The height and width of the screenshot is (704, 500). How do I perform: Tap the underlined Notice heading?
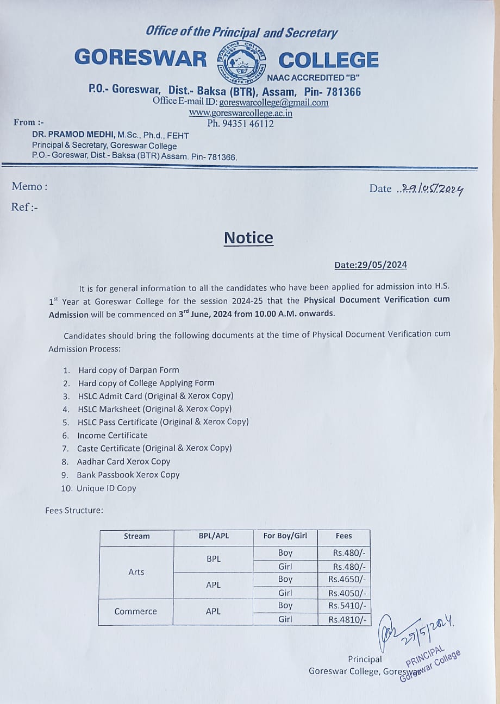coord(248,238)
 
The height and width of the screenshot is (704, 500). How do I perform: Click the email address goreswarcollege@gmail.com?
coord(273,102)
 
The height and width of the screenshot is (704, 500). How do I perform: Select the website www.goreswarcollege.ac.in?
coord(241,113)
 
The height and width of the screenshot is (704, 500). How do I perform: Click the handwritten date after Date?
coord(430,189)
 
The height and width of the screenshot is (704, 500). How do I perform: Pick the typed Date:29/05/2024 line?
coord(370,265)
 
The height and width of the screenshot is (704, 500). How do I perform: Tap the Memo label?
coord(29,187)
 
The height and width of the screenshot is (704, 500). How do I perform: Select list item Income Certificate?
coord(112,435)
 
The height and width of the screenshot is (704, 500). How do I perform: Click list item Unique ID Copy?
coord(106,488)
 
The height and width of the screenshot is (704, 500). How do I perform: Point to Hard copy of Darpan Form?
coord(128,370)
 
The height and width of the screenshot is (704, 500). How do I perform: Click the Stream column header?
coord(136,536)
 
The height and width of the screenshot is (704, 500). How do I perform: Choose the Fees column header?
coord(343,536)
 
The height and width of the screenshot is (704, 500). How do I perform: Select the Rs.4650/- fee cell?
coord(347,580)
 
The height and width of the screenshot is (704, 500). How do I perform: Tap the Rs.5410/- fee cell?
coord(347,606)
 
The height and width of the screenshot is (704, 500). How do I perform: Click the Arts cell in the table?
coord(136,573)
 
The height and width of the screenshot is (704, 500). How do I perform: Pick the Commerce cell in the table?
coord(135,612)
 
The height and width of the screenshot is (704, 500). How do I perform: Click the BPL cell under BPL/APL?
coord(214,559)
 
